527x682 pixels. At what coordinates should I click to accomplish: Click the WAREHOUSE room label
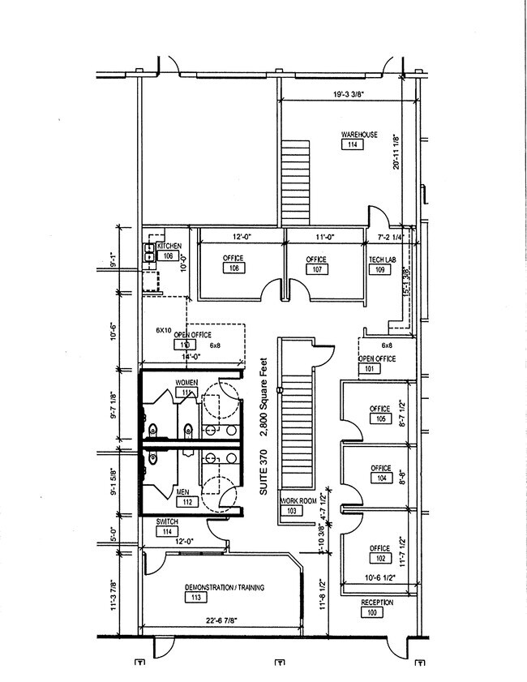(358, 134)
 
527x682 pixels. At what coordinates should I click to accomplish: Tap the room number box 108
(234, 268)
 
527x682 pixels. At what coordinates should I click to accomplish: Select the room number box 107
(316, 269)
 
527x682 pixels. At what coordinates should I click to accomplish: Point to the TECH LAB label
(381, 259)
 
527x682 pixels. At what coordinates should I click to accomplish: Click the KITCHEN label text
(169, 246)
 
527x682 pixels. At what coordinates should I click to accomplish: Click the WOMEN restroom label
(186, 382)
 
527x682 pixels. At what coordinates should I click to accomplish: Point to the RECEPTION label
(377, 603)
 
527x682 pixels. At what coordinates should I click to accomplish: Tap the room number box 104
(380, 478)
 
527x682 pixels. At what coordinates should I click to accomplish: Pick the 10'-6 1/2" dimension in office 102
(375, 577)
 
